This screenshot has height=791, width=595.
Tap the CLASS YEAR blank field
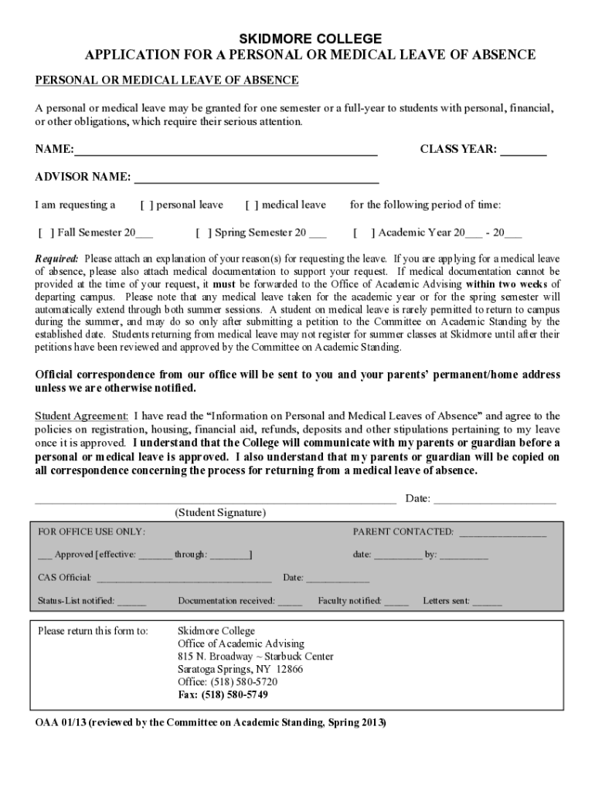(x=523, y=151)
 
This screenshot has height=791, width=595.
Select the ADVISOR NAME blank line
(x=257, y=178)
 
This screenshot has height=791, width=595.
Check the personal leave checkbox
(x=147, y=205)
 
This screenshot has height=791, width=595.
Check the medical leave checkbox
(x=252, y=205)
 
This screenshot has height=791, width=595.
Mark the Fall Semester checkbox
(x=46, y=233)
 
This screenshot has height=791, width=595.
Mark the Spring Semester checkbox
(x=204, y=233)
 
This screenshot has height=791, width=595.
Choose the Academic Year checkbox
(x=362, y=233)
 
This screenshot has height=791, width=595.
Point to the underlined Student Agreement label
(x=81, y=416)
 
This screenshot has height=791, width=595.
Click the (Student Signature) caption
(x=220, y=513)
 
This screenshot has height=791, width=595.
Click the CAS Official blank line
(x=184, y=579)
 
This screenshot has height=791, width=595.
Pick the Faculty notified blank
(x=396, y=602)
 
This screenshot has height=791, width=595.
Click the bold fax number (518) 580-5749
(x=234, y=695)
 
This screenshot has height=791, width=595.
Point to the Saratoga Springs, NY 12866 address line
(x=240, y=670)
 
